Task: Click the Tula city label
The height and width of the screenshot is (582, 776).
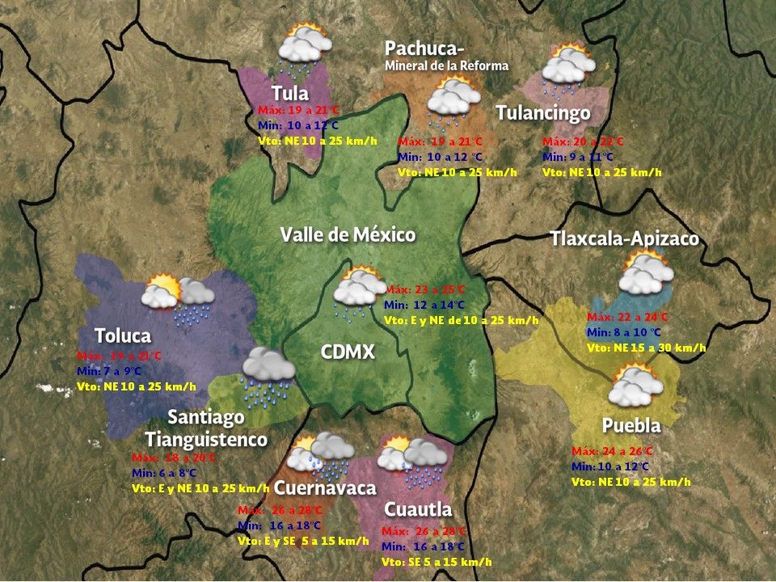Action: click(290, 92)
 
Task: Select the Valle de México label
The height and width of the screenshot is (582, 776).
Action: click(348, 235)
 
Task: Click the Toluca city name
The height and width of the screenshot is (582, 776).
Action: click(123, 335)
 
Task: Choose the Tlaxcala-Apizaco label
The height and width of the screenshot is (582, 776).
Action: click(624, 239)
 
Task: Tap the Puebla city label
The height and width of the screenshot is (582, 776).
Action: click(631, 425)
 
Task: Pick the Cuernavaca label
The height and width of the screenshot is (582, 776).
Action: click(325, 488)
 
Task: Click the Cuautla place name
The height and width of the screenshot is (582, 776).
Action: click(418, 509)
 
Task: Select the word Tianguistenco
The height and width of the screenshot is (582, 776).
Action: click(206, 440)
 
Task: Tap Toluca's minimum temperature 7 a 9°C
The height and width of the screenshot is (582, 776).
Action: click(120, 371)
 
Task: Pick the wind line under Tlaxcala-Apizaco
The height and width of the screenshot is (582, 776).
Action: click(647, 348)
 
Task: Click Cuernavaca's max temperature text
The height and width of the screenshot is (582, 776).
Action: click(280, 511)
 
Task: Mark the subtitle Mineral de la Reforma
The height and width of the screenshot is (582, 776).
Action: click(447, 65)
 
